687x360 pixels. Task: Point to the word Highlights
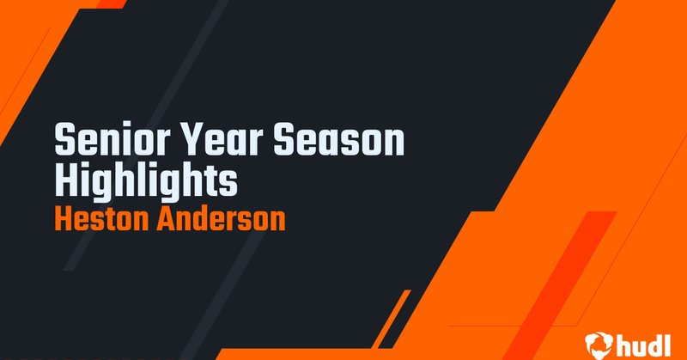145,181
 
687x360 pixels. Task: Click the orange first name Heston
102,220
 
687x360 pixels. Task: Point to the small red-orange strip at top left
110,3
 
